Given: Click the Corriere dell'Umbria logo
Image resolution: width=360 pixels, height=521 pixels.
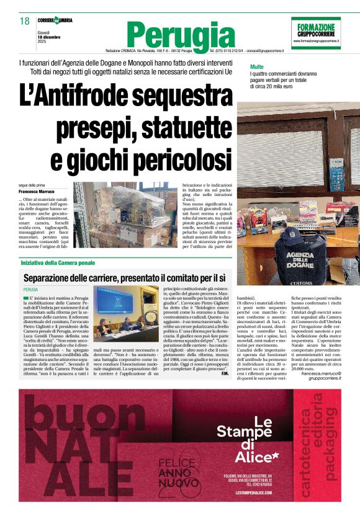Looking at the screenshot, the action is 55,20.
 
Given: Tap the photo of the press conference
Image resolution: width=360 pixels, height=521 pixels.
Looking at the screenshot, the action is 127,308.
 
